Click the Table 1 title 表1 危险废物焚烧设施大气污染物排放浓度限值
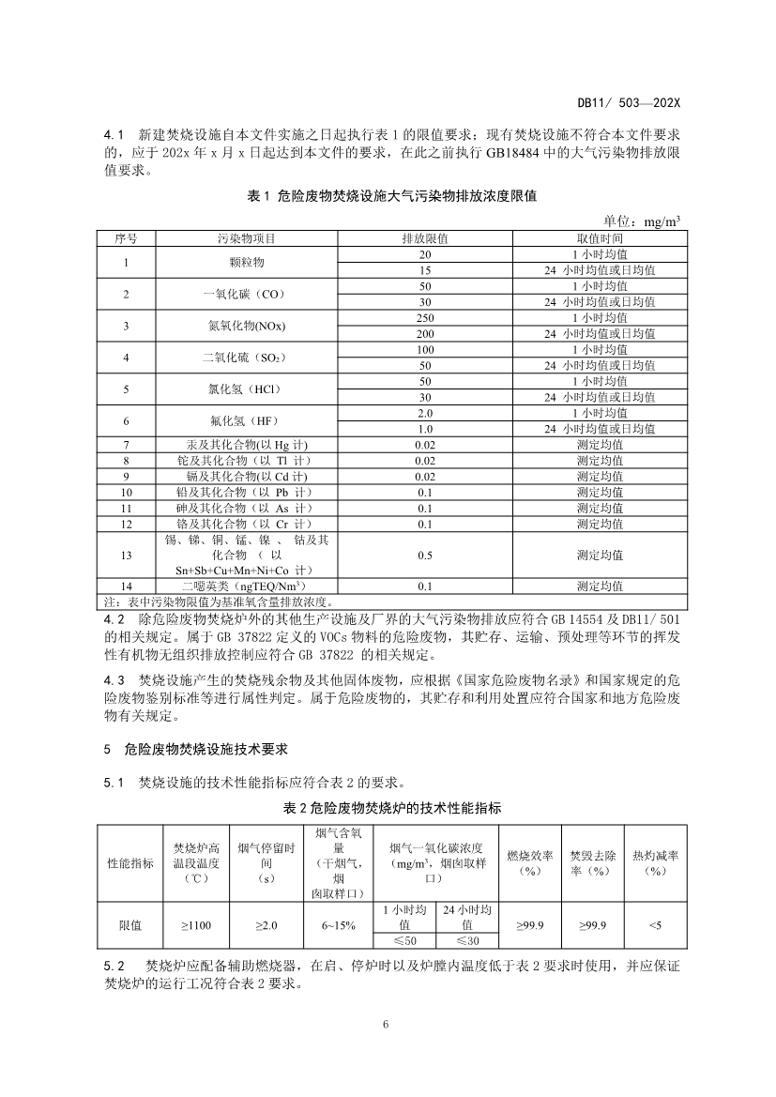point(391,195)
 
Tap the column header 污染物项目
point(247,238)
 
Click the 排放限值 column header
point(425,238)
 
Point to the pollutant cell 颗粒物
point(247,262)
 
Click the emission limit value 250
point(425,317)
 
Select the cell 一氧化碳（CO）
point(247,294)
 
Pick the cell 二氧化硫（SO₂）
point(247,358)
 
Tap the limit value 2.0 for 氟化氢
point(425,413)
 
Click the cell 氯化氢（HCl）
point(247,389)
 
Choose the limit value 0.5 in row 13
point(425,555)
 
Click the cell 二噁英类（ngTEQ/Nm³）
point(247,587)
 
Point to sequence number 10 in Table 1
point(127,492)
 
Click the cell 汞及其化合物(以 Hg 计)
point(247,444)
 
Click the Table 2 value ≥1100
point(195,925)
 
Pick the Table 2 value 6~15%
point(338,925)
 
